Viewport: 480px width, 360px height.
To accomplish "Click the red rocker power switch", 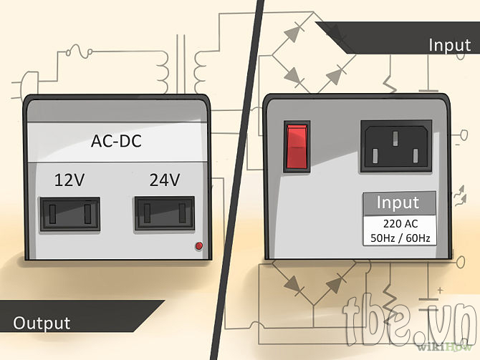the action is [297, 147].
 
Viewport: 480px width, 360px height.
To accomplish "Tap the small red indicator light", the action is [198, 245].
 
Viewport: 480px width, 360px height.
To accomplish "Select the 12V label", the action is [69, 180].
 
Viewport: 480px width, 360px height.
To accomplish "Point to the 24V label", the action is [164, 180].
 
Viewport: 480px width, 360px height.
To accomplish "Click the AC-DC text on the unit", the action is [116, 141].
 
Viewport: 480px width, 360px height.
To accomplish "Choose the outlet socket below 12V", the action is [69, 214].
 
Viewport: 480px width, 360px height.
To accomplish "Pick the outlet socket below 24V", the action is [165, 213].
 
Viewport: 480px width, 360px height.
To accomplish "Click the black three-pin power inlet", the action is [396, 146].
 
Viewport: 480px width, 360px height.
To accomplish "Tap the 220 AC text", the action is [400, 224].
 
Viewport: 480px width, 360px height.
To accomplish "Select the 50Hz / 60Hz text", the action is [400, 238].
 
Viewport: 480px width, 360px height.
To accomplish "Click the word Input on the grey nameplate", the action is [398, 203].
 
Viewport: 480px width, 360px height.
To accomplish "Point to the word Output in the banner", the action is [42, 323].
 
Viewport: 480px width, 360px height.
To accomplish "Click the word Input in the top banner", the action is [449, 45].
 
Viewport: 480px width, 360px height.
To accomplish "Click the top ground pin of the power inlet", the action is [395, 138].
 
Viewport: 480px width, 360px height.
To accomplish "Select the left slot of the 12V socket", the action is [52, 214].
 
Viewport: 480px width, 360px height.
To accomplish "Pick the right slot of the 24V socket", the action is [183, 213].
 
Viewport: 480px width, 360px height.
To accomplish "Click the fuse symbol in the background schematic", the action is [80, 51].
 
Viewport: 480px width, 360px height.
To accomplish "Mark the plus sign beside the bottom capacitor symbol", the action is [440, 290].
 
